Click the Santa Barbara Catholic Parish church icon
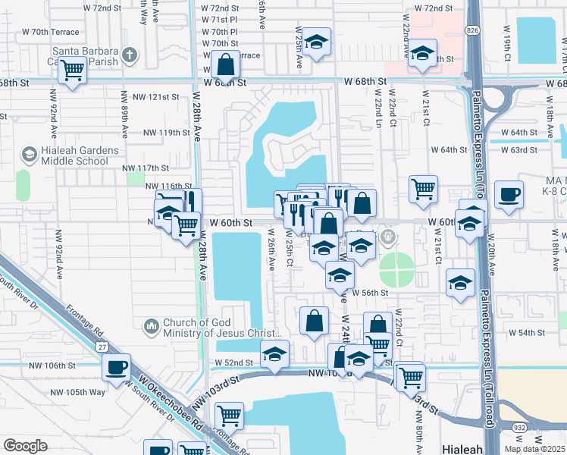(130, 55)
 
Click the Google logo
(25, 446)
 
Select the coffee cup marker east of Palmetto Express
(509, 194)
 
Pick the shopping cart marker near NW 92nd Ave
(73, 71)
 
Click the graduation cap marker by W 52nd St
(275, 353)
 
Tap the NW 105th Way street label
(78, 392)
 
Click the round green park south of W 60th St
(396, 267)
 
